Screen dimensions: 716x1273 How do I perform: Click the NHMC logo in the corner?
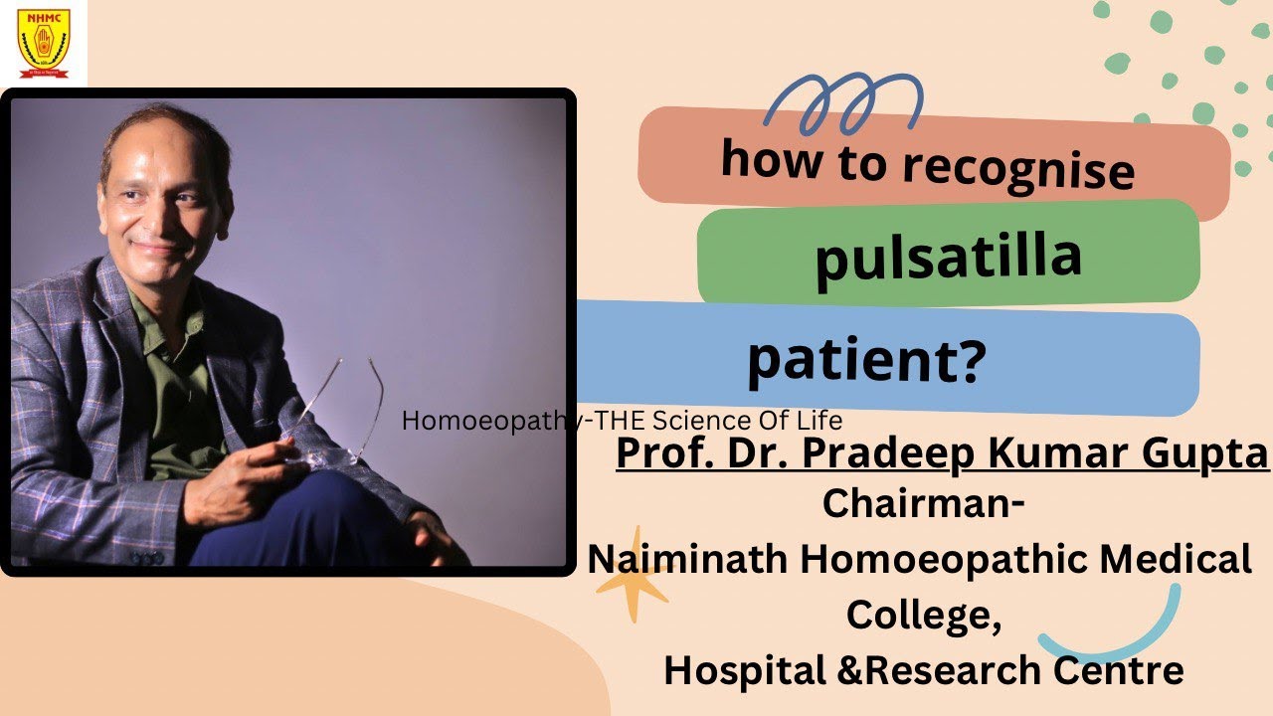tap(43, 43)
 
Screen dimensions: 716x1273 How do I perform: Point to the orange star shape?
tap(633, 577)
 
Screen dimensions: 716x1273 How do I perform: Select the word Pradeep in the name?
tap(867, 452)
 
